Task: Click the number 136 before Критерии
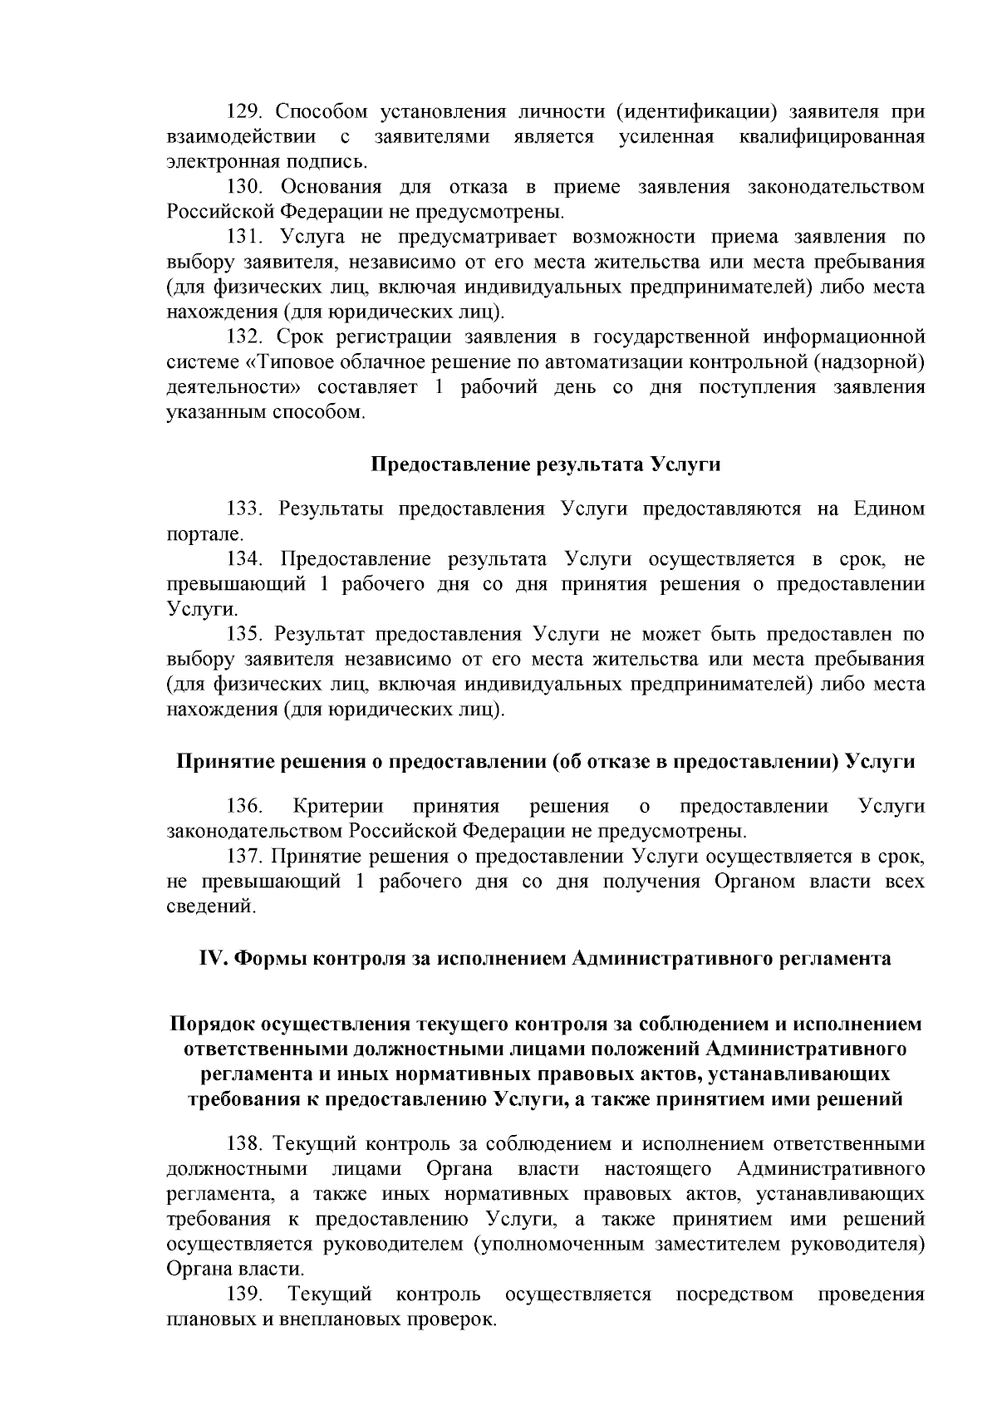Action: (x=246, y=806)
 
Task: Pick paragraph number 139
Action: (x=246, y=1294)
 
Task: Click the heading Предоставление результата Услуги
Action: (x=544, y=464)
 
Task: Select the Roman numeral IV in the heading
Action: (x=212, y=958)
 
